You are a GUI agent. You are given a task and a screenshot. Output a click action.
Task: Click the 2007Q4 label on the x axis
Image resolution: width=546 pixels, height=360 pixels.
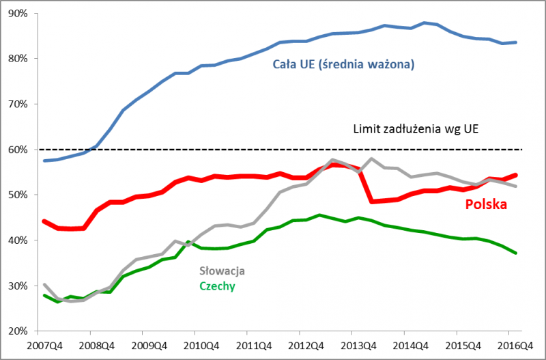[x=42, y=345]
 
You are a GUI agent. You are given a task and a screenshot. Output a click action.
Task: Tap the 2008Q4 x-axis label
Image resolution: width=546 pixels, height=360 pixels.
[x=94, y=345]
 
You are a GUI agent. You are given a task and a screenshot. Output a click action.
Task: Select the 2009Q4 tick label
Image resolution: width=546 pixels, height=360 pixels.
[x=146, y=345]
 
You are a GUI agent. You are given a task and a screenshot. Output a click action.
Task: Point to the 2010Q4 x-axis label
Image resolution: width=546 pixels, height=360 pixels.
[x=199, y=345]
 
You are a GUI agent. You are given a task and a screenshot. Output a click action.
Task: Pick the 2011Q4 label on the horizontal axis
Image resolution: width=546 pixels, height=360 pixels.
[x=250, y=345]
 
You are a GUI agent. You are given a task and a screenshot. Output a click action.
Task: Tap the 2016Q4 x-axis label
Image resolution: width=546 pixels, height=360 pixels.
[x=511, y=345]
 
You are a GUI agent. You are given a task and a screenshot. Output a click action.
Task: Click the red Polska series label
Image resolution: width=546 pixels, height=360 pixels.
[x=487, y=204]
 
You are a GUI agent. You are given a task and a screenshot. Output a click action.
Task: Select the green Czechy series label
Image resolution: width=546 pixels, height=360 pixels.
[x=217, y=286]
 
